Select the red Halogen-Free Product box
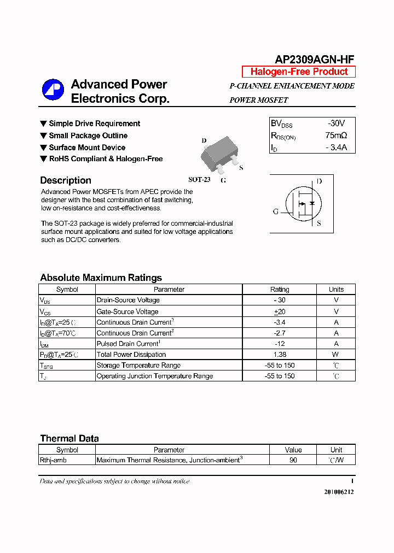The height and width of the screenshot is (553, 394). (x=299, y=72)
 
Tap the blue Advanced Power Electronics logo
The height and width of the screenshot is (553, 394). (x=53, y=90)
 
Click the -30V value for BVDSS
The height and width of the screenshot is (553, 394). (x=336, y=123)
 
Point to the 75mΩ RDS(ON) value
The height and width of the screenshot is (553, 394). (x=336, y=136)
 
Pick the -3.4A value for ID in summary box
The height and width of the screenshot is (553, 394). (x=335, y=148)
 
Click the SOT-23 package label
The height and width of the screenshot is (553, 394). (x=199, y=179)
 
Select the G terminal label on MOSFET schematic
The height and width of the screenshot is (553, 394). (x=276, y=212)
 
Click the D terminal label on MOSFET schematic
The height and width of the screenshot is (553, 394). (x=319, y=181)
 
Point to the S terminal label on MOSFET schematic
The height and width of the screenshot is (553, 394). (x=319, y=223)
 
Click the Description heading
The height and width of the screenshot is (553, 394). (x=66, y=180)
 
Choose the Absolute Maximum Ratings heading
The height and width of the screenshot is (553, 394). (x=101, y=278)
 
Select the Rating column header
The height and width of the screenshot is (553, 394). (x=280, y=290)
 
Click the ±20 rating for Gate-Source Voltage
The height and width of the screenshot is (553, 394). (x=280, y=311)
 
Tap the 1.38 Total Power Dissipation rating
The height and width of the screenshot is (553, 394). (x=280, y=355)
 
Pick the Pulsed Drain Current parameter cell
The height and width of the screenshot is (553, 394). (x=128, y=344)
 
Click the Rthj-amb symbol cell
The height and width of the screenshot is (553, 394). (x=54, y=460)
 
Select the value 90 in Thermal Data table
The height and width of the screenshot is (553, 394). (x=293, y=460)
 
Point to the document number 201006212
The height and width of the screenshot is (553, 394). (x=339, y=492)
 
